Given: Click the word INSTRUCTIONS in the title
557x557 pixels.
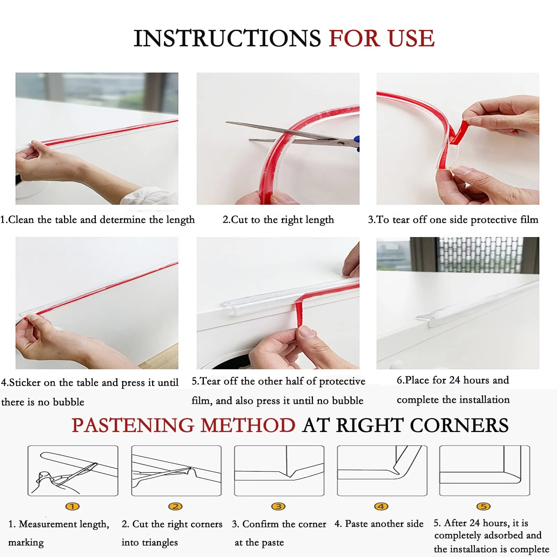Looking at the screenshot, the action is point(227,38).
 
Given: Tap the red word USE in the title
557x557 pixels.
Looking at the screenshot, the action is point(411,38).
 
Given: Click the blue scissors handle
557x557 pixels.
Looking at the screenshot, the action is point(356,144).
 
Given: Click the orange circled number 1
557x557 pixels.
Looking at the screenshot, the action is point(72,506).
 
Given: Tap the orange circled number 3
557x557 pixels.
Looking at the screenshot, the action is point(278,506).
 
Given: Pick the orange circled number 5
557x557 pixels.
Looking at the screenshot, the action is point(484,506).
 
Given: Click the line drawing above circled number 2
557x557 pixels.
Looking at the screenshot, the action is point(176,471).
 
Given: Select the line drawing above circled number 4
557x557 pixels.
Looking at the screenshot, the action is point(382,471).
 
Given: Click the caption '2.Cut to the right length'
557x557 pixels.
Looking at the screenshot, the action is point(278,220).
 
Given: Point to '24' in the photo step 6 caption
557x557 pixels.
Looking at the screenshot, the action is point(455,380).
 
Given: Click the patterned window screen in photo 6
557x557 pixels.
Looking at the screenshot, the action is point(480,254).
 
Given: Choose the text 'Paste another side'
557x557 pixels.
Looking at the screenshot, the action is point(384,524).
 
